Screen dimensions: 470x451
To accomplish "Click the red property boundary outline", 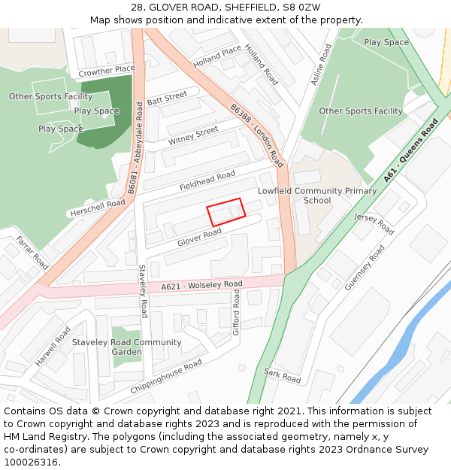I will tap(226, 211).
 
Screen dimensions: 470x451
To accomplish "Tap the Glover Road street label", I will tap(199, 238).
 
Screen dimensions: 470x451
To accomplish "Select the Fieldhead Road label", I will tap(207, 181).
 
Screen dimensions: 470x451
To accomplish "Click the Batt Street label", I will tap(167, 99).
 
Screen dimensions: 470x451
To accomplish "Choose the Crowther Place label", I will tap(107, 71).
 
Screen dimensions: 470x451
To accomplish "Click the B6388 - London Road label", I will tap(257, 134).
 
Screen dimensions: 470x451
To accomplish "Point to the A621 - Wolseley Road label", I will tap(201, 285).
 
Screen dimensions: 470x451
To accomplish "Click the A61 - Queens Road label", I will tap(410, 150).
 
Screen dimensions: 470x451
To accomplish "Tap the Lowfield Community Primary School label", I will tap(317, 196).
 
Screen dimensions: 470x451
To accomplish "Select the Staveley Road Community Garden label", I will tap(126, 347).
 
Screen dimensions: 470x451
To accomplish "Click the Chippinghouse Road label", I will tap(166, 377).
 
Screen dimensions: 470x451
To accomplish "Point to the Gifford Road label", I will tap(236, 314).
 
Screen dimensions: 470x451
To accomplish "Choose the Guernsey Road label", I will tap(365, 267).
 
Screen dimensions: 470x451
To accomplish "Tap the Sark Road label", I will tap(282, 375).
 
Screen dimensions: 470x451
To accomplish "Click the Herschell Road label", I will tap(97, 208).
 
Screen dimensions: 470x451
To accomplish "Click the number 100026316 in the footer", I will tap(31, 462).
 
